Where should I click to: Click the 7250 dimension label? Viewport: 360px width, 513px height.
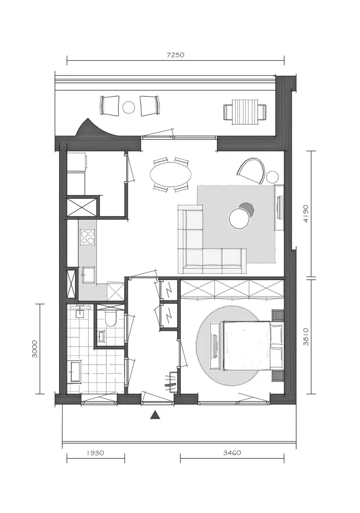point(175,54)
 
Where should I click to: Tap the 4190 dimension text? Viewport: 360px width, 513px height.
point(306,214)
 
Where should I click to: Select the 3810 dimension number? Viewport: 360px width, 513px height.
point(306,337)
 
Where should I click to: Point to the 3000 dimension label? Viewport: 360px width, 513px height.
point(35,349)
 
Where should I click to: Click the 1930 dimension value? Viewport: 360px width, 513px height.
point(95,453)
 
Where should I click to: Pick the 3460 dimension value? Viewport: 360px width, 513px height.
point(232,453)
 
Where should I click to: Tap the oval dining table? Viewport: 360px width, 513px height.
point(171,174)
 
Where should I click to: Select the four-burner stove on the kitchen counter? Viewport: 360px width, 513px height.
point(88,237)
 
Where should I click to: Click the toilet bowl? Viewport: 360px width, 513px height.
point(110,318)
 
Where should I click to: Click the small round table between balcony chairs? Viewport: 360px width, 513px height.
point(129,107)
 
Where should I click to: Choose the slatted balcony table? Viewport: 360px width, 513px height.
point(245,112)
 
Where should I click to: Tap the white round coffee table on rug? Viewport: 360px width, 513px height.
point(239,218)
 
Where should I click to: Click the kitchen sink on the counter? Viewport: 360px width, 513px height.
point(88,274)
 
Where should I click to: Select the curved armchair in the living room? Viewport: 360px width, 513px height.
point(251,170)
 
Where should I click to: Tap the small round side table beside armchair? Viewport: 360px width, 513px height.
point(272,177)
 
